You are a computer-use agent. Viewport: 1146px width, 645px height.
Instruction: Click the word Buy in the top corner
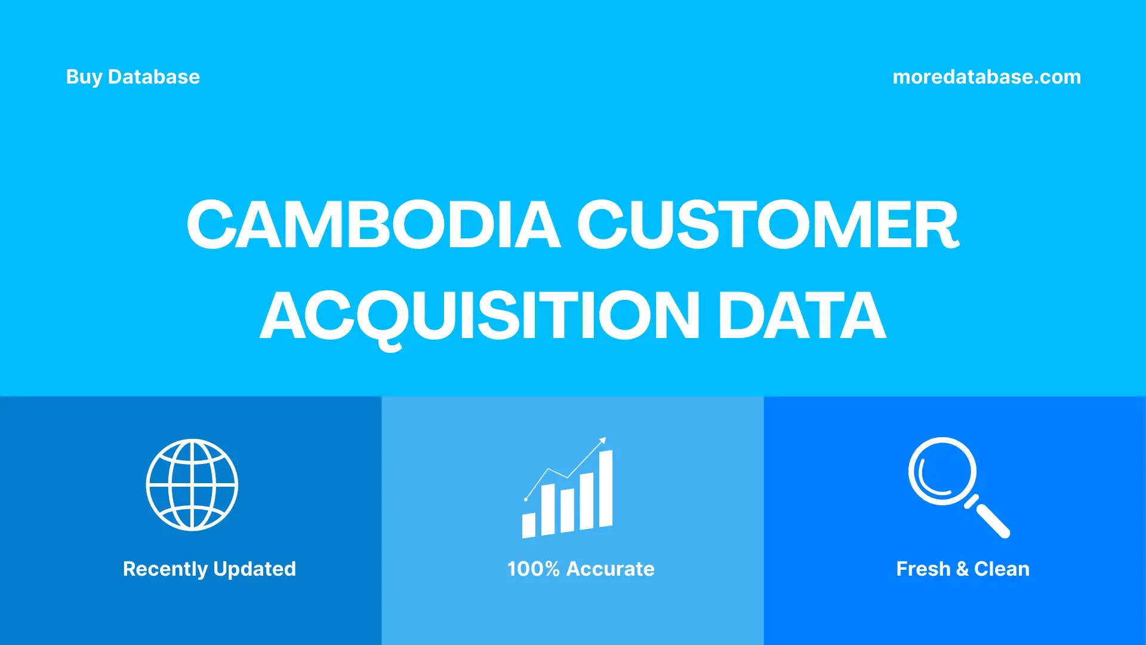[x=84, y=77]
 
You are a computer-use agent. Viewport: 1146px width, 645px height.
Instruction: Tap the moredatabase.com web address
[x=987, y=77]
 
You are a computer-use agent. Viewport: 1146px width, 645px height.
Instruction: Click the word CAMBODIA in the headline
[x=374, y=225]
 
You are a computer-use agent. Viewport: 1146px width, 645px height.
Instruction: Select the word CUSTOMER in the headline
[x=768, y=225]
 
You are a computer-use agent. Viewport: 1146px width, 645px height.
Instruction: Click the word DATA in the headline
[x=802, y=316]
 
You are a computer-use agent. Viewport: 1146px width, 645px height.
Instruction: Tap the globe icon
[x=192, y=485]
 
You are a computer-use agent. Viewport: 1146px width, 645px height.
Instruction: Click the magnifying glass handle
[x=991, y=520]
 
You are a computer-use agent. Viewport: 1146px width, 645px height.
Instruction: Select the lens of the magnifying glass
[x=942, y=471]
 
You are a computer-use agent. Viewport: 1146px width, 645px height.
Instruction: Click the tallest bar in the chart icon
[x=605, y=489]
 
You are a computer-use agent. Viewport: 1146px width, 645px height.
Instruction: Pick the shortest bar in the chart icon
[x=529, y=525]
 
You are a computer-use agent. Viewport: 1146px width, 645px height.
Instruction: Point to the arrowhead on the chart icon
[x=603, y=441]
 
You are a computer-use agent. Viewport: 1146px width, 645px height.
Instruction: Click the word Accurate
[x=610, y=569]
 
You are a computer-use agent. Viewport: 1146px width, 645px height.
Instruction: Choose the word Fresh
[x=923, y=569]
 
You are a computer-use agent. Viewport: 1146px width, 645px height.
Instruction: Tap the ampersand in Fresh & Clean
[x=962, y=569]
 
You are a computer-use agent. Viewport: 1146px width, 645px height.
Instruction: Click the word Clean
[x=1002, y=569]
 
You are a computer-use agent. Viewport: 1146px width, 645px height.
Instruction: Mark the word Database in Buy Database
[x=154, y=77]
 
